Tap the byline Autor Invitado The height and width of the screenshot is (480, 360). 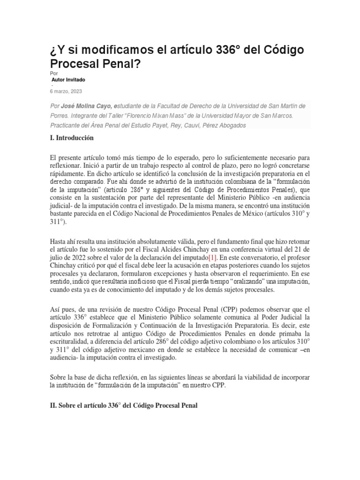(x=68, y=80)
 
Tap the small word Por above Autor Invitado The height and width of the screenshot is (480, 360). (x=53, y=74)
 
